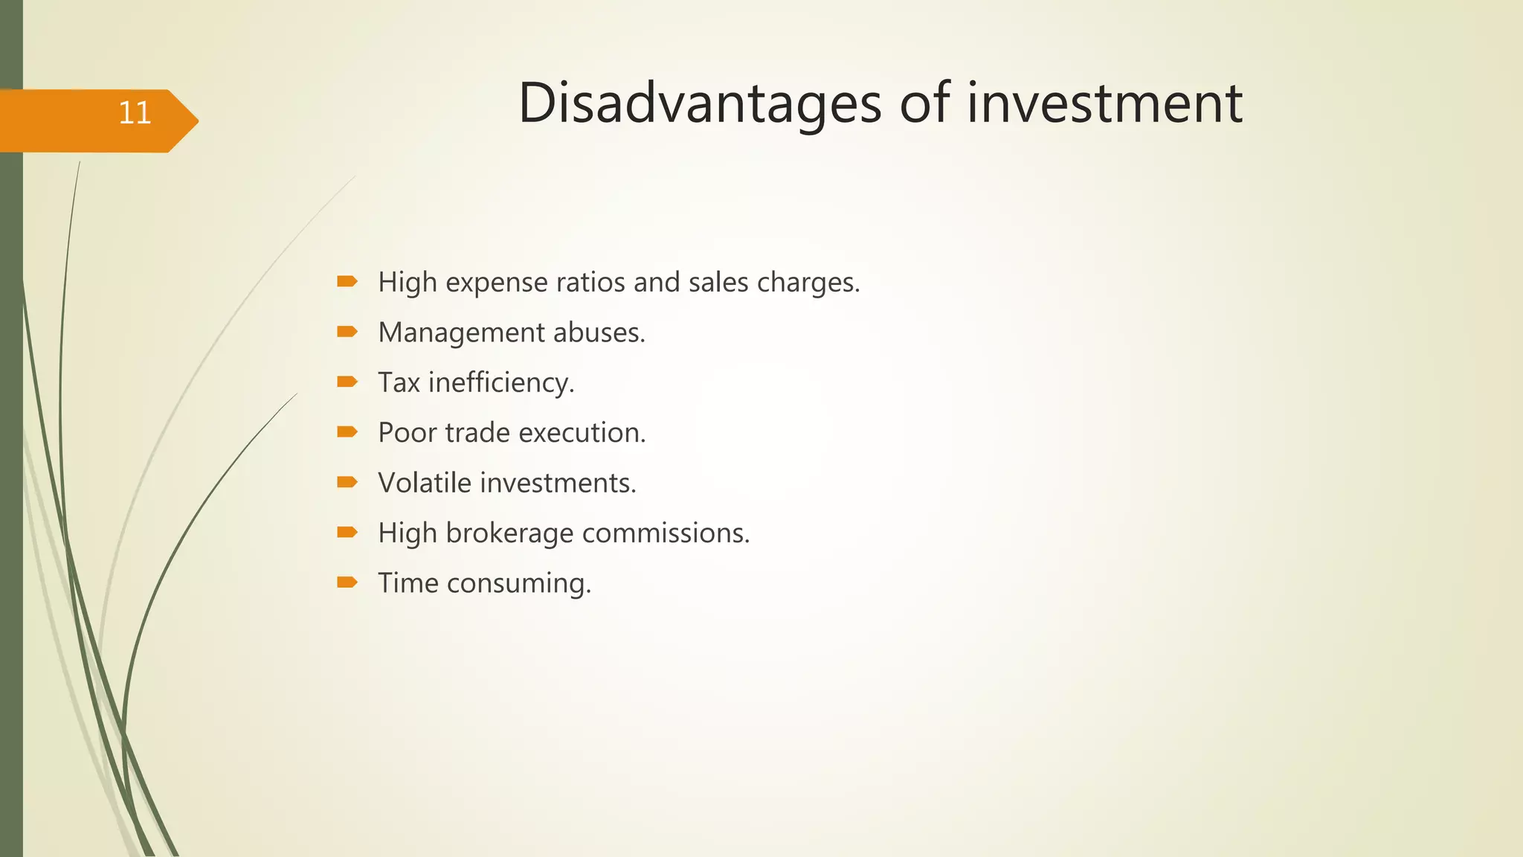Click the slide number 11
(135, 113)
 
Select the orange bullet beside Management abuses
(347, 332)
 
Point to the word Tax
(399, 382)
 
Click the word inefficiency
(500, 383)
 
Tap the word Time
(408, 583)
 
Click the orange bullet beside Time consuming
(347, 582)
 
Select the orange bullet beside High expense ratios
(347, 281)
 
